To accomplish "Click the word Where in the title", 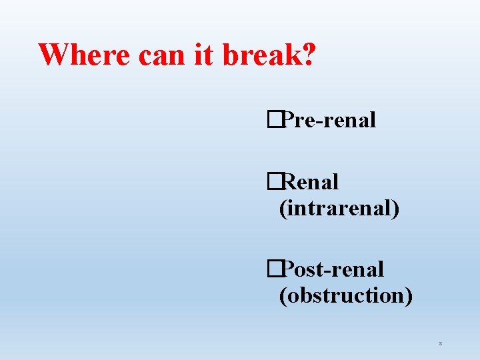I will pyautogui.click(x=86, y=55).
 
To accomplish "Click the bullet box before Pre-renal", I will pyautogui.click(x=272, y=120).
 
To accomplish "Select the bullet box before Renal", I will pyautogui.click(x=272, y=181).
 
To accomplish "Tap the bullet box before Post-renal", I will pyautogui.click(x=272, y=269).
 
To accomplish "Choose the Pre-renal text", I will pyautogui.click(x=329, y=120).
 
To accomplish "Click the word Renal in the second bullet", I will pyautogui.click(x=310, y=181).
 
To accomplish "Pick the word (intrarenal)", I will pyautogui.click(x=339, y=208).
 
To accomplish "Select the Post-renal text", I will pyautogui.click(x=333, y=269).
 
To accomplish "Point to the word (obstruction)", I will pyautogui.click(x=345, y=295).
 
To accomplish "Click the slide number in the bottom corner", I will pyautogui.click(x=441, y=343).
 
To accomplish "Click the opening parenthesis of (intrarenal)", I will pyautogui.click(x=283, y=209).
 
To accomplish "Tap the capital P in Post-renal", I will pyautogui.click(x=288, y=269).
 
